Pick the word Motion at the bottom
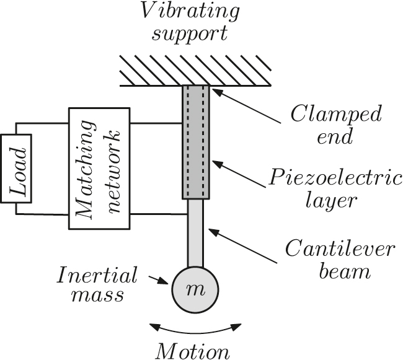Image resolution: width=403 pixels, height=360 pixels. (x=192, y=351)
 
